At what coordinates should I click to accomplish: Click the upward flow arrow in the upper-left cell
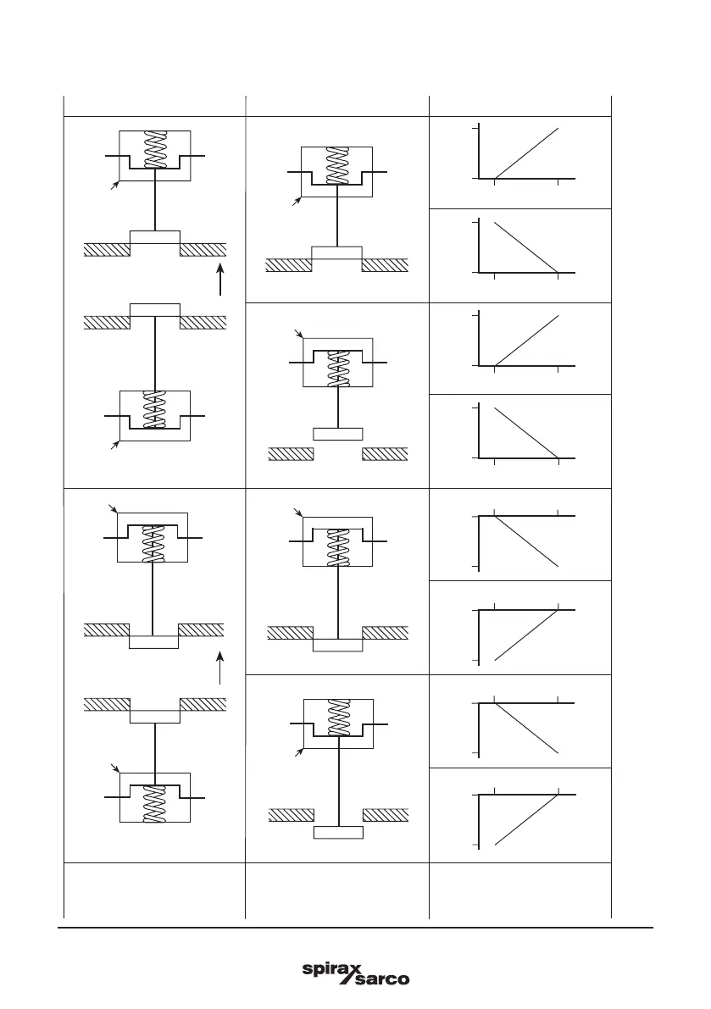pos(219,280)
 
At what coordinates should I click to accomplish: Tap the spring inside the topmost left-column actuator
pos(154,150)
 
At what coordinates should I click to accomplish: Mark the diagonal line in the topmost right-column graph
pos(526,153)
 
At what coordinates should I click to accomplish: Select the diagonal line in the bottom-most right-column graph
pos(526,819)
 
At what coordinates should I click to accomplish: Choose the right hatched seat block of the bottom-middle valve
pos(386,815)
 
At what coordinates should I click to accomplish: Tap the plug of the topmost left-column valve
pos(154,237)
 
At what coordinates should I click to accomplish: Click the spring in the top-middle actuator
pos(337,166)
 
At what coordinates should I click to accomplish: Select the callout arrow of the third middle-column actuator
pos(297,513)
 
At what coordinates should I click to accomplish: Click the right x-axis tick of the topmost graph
pos(558,180)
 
